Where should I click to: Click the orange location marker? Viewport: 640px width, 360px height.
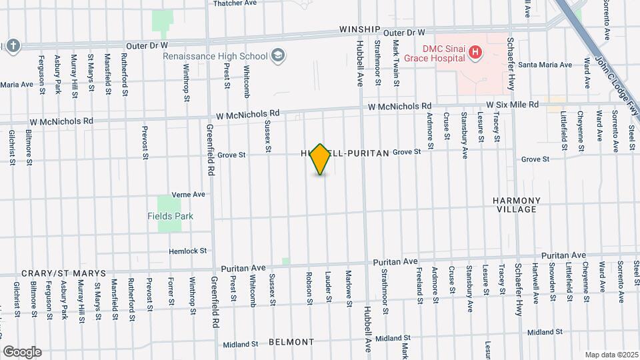pos(321,159)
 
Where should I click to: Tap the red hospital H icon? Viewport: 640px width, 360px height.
pos(475,51)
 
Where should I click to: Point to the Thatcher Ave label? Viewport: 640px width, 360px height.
pos(235,3)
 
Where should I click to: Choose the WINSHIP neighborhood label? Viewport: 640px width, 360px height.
pos(359,30)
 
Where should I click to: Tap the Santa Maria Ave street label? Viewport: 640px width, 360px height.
pos(545,65)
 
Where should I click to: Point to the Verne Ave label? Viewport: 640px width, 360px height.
pos(188,195)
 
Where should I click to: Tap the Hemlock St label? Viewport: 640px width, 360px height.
pos(189,251)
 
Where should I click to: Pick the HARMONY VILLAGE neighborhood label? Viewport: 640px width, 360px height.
pos(516,205)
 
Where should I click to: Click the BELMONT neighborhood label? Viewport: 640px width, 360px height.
pos(291,342)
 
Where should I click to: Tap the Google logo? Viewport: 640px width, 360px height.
pos(22,351)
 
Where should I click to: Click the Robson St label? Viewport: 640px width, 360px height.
pos(309,287)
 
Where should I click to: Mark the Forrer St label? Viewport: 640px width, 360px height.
pos(171,291)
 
